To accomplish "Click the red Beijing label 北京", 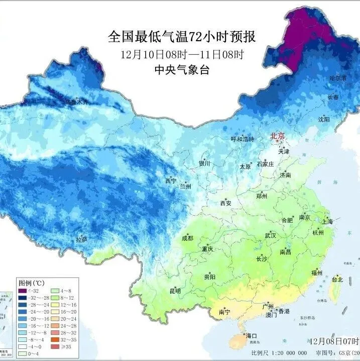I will point(278,136).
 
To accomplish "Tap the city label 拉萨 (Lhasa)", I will point(81,239).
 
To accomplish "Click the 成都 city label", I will point(187,238).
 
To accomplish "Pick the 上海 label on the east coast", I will point(327,221).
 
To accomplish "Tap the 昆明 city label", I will point(175,291).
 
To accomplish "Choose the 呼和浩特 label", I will point(243,139).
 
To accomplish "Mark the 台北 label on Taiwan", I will point(337,280).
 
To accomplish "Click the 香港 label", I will point(284,312).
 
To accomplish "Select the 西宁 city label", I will point(171,180).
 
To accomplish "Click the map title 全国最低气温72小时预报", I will point(182,37).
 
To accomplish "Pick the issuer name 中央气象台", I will point(182,70).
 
